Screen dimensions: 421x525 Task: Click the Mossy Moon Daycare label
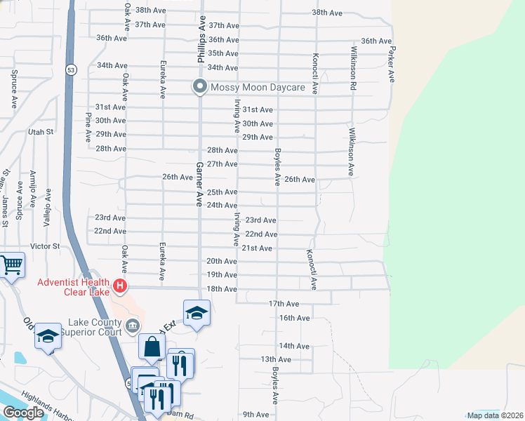tap(258, 88)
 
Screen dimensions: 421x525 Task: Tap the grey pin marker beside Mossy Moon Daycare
tap(199, 88)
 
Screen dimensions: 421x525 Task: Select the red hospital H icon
tap(120, 286)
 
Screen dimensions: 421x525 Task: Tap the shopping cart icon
tap(11, 266)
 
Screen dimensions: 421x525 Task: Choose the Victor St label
tap(46, 247)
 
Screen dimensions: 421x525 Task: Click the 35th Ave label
tap(224, 53)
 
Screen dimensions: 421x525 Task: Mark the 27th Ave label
tap(223, 164)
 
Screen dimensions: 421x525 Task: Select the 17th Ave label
tap(285, 304)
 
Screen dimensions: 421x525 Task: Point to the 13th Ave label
tap(276, 359)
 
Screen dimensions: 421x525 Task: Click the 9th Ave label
tap(257, 415)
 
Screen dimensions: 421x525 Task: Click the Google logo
tap(23, 413)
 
